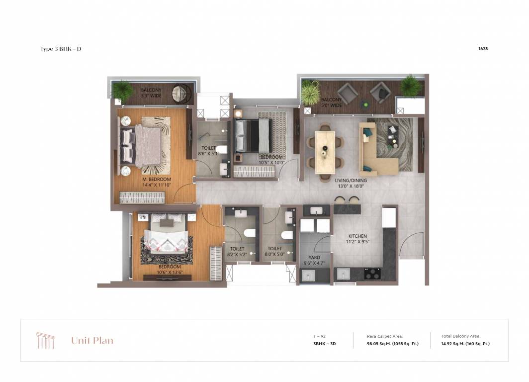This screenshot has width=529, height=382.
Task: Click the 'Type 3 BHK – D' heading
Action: [61, 49]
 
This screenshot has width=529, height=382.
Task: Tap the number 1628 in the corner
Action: [482, 49]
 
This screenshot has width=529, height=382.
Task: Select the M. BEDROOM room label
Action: [157, 180]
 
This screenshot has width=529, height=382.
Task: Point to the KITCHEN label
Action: [357, 236]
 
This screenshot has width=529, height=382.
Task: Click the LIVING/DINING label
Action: [351, 181]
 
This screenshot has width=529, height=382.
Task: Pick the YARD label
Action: [314, 258]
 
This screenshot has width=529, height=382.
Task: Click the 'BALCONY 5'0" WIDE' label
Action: [331, 102]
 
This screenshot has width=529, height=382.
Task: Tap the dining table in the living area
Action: [326, 149]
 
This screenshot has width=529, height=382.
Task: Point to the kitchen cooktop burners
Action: [373, 274]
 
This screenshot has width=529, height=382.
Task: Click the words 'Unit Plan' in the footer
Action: [92, 341]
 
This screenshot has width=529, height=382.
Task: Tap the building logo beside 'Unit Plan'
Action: [45, 340]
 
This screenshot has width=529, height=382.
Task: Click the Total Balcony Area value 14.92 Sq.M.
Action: [465, 344]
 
